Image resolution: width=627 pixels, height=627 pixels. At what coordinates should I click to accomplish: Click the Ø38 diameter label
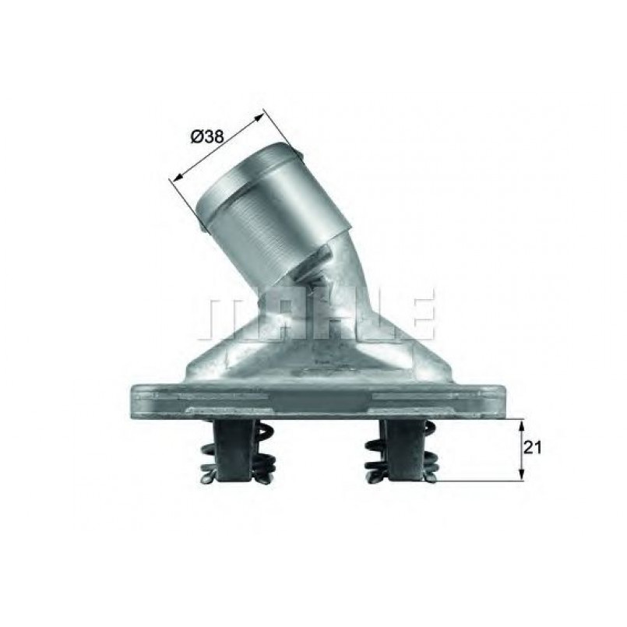(207, 137)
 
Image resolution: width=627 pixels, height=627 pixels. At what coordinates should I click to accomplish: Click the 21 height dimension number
(532, 447)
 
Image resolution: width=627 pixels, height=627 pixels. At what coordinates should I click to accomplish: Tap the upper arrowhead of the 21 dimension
(521, 424)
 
